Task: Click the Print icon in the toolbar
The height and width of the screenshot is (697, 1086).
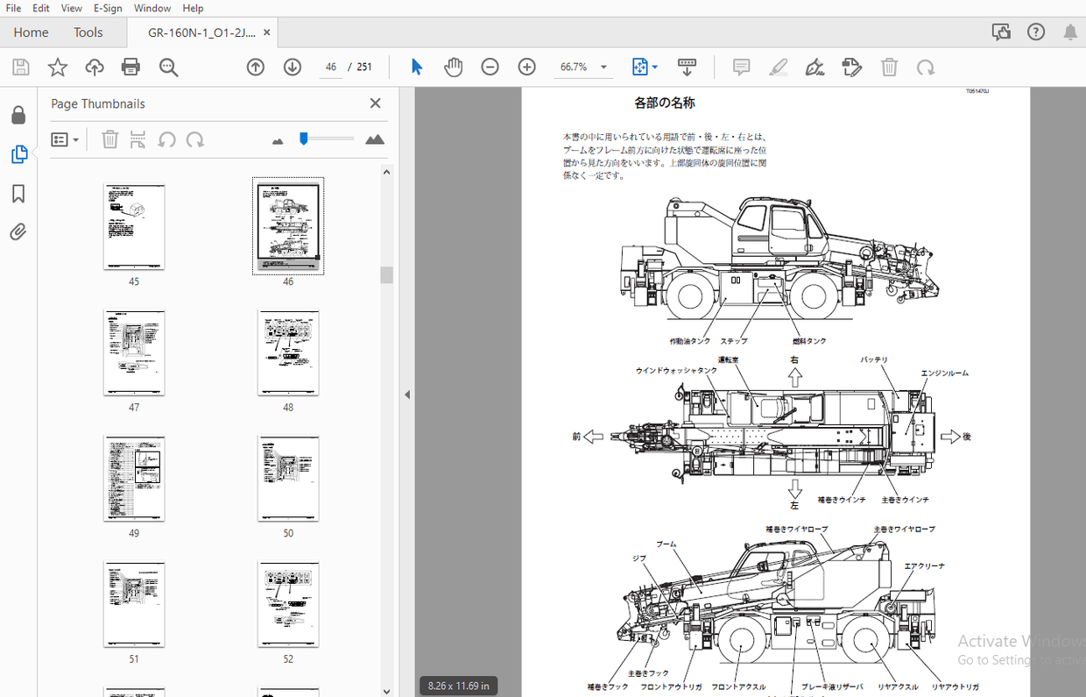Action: click(x=130, y=68)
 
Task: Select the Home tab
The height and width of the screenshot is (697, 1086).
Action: click(x=31, y=32)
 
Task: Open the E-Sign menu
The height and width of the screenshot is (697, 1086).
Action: click(x=108, y=8)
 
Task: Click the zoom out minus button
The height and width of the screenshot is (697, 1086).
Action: click(x=490, y=68)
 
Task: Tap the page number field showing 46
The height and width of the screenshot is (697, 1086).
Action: click(x=330, y=68)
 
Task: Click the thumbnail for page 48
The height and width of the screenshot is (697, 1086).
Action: click(x=288, y=352)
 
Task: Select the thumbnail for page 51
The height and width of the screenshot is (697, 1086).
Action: click(x=134, y=604)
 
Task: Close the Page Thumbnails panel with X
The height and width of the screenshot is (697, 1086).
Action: click(x=376, y=103)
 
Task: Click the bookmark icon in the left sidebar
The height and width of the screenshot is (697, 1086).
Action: click(x=18, y=194)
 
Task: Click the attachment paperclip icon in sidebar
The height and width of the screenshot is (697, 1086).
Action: click(x=18, y=232)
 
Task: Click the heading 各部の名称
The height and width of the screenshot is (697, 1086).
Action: click(x=665, y=103)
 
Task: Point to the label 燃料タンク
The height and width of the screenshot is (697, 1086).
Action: click(x=809, y=341)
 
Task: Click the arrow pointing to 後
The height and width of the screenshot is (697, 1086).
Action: click(x=950, y=437)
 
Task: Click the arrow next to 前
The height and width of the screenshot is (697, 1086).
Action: click(x=594, y=437)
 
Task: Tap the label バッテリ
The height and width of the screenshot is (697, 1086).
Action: click(x=874, y=360)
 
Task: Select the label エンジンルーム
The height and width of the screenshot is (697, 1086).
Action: click(x=944, y=373)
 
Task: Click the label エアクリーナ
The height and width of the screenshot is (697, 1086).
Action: click(x=924, y=566)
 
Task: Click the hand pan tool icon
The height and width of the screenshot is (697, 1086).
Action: click(x=453, y=68)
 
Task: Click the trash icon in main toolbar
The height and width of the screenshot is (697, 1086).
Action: click(x=889, y=68)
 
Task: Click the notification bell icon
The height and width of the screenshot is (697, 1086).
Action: click(x=1070, y=32)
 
